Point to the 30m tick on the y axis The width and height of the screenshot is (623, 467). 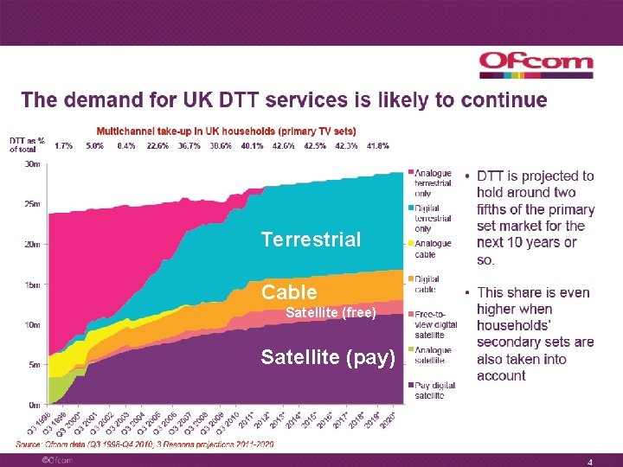click(x=32, y=163)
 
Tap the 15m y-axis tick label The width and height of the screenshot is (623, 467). click(x=32, y=285)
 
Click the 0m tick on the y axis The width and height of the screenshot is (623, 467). click(x=34, y=405)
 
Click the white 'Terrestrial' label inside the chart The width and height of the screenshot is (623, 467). click(x=311, y=240)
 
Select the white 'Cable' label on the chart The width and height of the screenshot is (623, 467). click(x=289, y=292)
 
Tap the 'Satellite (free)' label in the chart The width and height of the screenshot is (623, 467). click(x=331, y=313)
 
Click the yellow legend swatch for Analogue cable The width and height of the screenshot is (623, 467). click(x=410, y=244)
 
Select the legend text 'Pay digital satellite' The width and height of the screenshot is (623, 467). click(x=435, y=390)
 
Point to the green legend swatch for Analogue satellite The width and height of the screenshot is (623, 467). click(x=410, y=349)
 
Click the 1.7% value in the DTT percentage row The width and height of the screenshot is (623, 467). click(x=63, y=145)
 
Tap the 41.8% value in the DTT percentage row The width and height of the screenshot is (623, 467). click(x=377, y=145)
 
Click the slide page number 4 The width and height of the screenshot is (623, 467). click(x=589, y=461)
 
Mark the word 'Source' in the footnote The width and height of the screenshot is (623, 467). click(x=28, y=444)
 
